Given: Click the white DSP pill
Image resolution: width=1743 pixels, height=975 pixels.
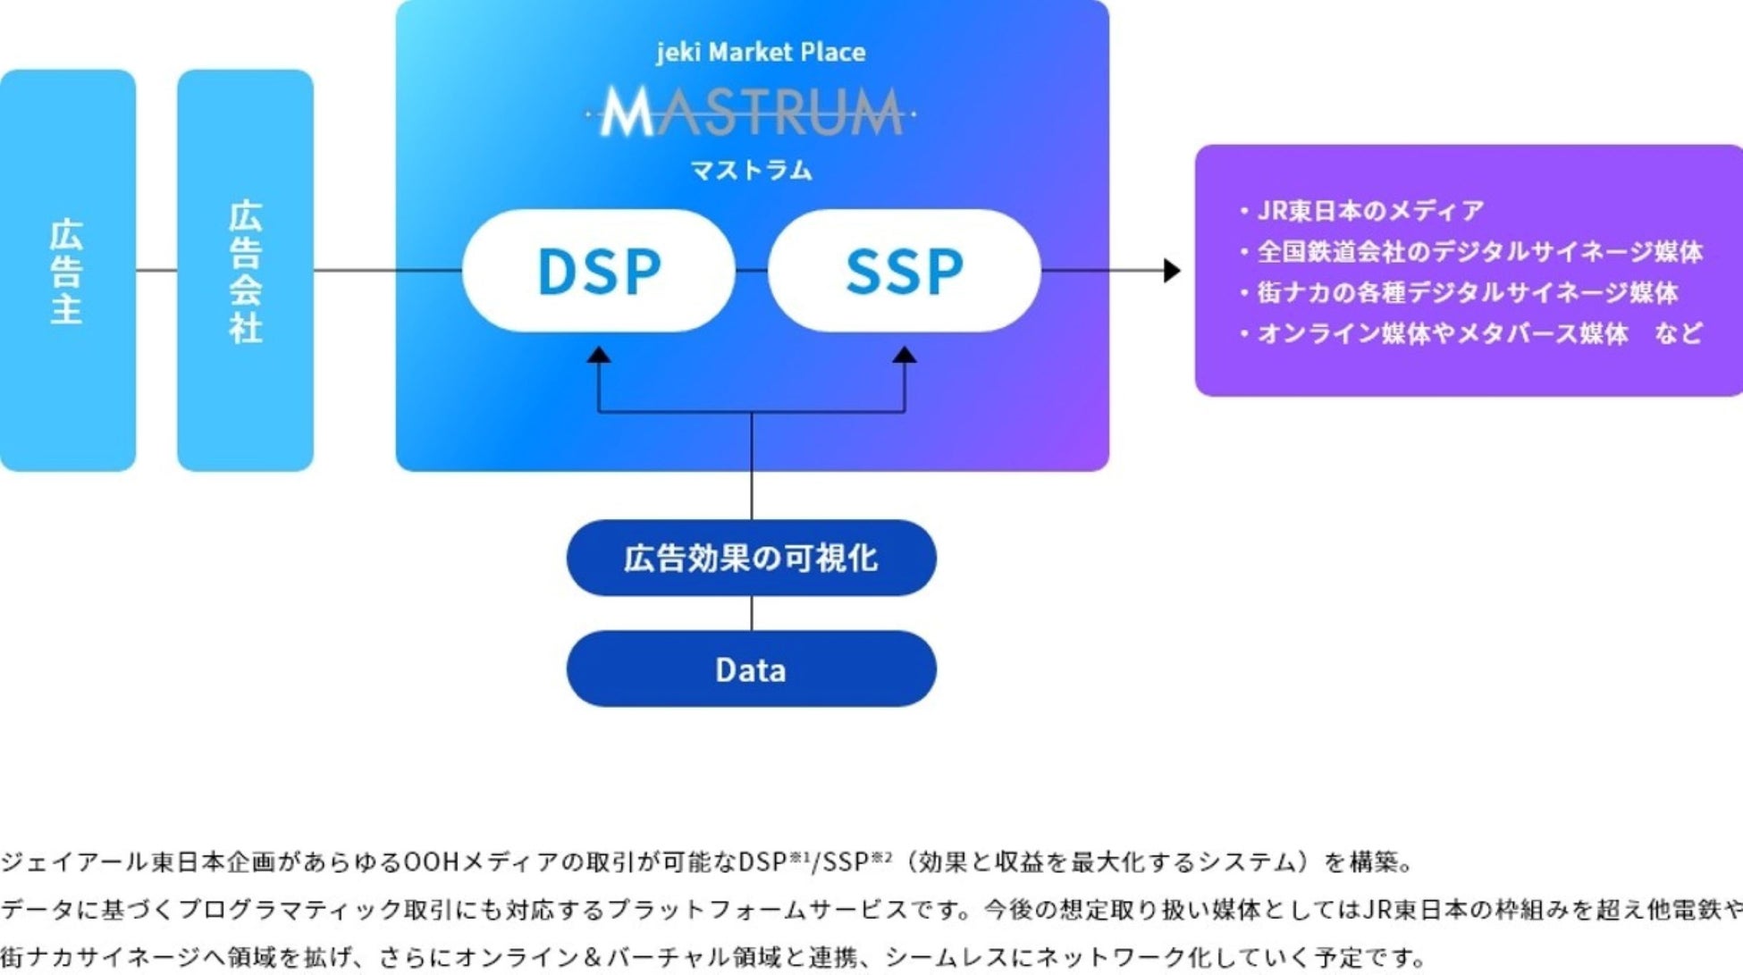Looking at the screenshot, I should click(x=598, y=271).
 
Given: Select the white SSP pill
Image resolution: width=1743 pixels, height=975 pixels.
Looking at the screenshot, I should click(x=904, y=271).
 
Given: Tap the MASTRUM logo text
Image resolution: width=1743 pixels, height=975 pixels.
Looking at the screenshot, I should click(x=751, y=113).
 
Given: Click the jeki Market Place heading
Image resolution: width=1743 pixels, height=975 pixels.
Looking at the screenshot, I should click(x=761, y=52).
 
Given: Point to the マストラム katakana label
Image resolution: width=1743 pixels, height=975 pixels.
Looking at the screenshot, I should click(x=752, y=170).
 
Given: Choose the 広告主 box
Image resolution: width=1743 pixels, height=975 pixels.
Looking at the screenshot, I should click(x=67, y=270).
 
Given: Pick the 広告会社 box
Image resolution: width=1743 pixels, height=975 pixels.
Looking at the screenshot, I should click(x=245, y=270).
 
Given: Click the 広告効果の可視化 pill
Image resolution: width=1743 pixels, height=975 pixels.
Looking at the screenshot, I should click(x=751, y=558).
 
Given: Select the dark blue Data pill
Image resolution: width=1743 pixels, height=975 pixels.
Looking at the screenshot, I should click(x=751, y=669).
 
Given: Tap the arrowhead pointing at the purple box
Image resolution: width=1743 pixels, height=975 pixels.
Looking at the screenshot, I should click(x=1172, y=270).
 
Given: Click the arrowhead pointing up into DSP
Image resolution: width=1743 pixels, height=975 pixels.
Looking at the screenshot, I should click(x=599, y=356).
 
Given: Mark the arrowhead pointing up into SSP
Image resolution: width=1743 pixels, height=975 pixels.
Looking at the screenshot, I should click(x=905, y=356).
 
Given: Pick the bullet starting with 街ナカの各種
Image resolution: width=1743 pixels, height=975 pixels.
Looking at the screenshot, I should click(x=1466, y=292).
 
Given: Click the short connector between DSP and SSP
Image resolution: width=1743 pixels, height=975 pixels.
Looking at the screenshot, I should click(x=752, y=270).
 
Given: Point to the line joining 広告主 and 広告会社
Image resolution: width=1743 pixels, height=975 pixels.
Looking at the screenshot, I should click(x=156, y=270).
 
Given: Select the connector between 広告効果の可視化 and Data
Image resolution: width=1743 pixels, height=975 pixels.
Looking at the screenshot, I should click(x=752, y=613).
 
